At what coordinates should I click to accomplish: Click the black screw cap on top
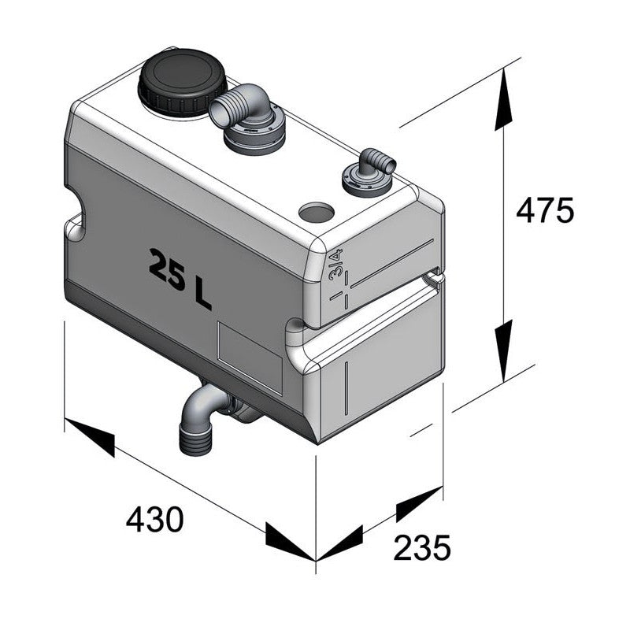[x=182, y=82]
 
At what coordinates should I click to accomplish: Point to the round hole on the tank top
[x=317, y=212]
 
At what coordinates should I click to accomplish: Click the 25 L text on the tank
[x=180, y=278]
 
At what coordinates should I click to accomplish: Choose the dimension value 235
[x=422, y=547]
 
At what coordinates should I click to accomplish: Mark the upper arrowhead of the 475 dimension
[x=505, y=102]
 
